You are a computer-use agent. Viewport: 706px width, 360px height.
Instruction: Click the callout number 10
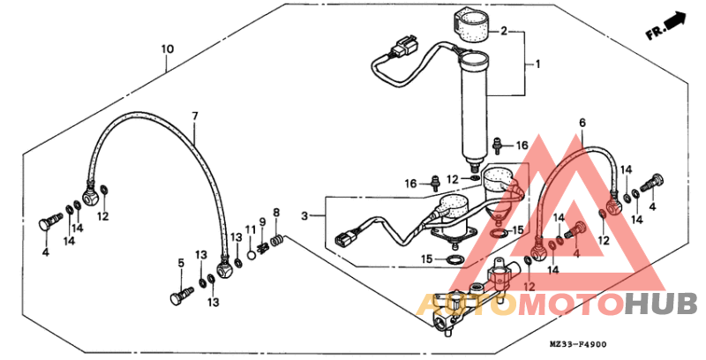[168, 49]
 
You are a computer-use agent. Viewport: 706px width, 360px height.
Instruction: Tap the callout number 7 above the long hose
[195, 116]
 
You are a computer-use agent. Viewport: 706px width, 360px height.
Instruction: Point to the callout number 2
[504, 32]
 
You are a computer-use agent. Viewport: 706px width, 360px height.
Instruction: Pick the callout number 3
[306, 215]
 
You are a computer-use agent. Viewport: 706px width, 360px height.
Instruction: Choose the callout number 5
[181, 262]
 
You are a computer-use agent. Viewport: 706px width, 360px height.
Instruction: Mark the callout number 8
[276, 212]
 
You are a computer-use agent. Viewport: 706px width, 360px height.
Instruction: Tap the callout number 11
[250, 229]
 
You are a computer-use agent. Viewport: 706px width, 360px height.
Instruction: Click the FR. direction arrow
[666, 26]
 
